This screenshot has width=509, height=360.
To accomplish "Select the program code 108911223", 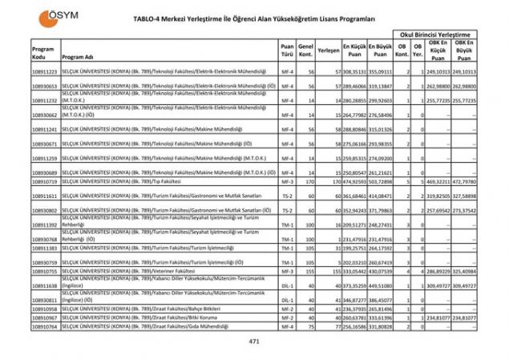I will click(44, 72).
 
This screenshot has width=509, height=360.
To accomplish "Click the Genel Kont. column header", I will click(305, 49).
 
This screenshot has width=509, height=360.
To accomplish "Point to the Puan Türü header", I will click(286, 49).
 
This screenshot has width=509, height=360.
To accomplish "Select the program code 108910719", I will click(44, 182).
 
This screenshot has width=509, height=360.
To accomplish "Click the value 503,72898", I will click(381, 182).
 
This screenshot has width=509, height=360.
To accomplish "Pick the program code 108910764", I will click(44, 327).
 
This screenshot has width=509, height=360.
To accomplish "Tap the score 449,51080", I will click(381, 285).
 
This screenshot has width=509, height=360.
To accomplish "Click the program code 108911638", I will click(44, 285).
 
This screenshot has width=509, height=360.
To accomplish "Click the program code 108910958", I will click(44, 309).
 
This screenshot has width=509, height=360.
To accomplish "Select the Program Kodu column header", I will click(43, 53).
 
